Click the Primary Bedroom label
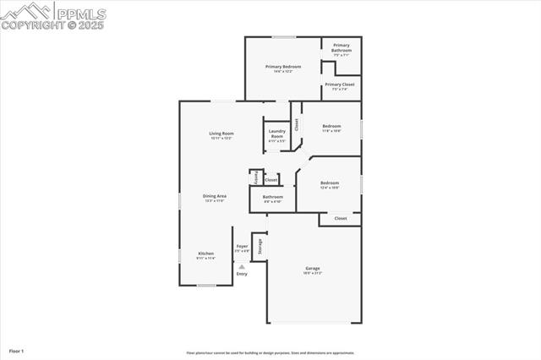283,66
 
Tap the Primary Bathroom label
342,47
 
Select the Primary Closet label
340,85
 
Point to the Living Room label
221,134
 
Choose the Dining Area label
214,196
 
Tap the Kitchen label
206,254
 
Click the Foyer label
242,246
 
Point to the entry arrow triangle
242,266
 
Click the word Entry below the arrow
242,274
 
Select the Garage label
313,269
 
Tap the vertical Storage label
260,247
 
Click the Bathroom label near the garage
273,198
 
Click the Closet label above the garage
341,218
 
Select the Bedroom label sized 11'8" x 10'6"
331,127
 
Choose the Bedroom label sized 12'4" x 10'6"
329,183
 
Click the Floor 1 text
17,350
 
